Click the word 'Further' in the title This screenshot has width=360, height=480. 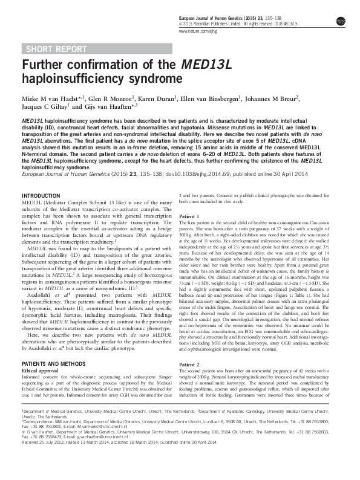pos(45,65)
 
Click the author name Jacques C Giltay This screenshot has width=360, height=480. pos(44,106)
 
